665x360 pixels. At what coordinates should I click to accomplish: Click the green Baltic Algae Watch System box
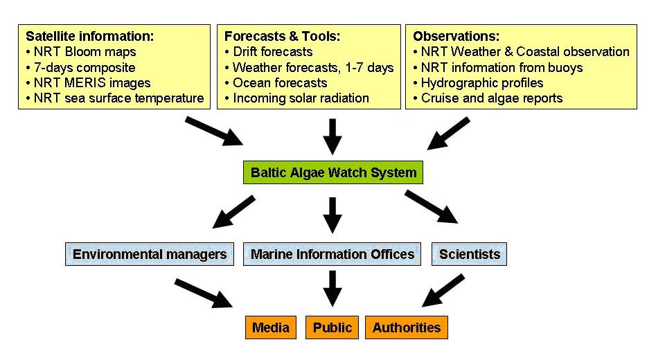click(333, 172)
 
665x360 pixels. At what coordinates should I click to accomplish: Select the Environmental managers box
click(150, 254)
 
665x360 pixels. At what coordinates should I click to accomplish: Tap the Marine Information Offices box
click(332, 254)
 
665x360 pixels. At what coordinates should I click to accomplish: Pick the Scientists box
click(469, 254)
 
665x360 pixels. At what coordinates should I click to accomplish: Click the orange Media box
click(271, 327)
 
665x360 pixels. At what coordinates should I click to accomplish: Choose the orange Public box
click(332, 327)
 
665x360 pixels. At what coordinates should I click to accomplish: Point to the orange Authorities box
click(407, 327)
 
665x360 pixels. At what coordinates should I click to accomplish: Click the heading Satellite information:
click(89, 36)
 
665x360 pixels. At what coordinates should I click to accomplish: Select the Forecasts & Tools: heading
click(282, 36)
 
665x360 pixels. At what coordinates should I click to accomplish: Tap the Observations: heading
click(456, 36)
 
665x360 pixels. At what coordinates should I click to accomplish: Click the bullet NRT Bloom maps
click(81, 52)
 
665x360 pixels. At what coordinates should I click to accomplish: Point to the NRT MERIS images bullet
click(88, 82)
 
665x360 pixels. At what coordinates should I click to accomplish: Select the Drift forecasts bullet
click(269, 52)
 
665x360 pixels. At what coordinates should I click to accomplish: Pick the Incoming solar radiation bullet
click(297, 98)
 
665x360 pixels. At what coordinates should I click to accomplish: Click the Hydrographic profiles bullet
click(479, 82)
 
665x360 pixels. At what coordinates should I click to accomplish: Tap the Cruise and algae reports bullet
click(488, 98)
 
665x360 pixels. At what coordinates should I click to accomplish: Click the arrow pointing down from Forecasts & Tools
click(332, 136)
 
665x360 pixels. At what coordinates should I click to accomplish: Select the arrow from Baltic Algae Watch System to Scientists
click(432, 207)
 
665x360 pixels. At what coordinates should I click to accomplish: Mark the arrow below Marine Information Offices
click(332, 289)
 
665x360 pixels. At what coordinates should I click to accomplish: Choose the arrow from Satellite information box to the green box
click(214, 132)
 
